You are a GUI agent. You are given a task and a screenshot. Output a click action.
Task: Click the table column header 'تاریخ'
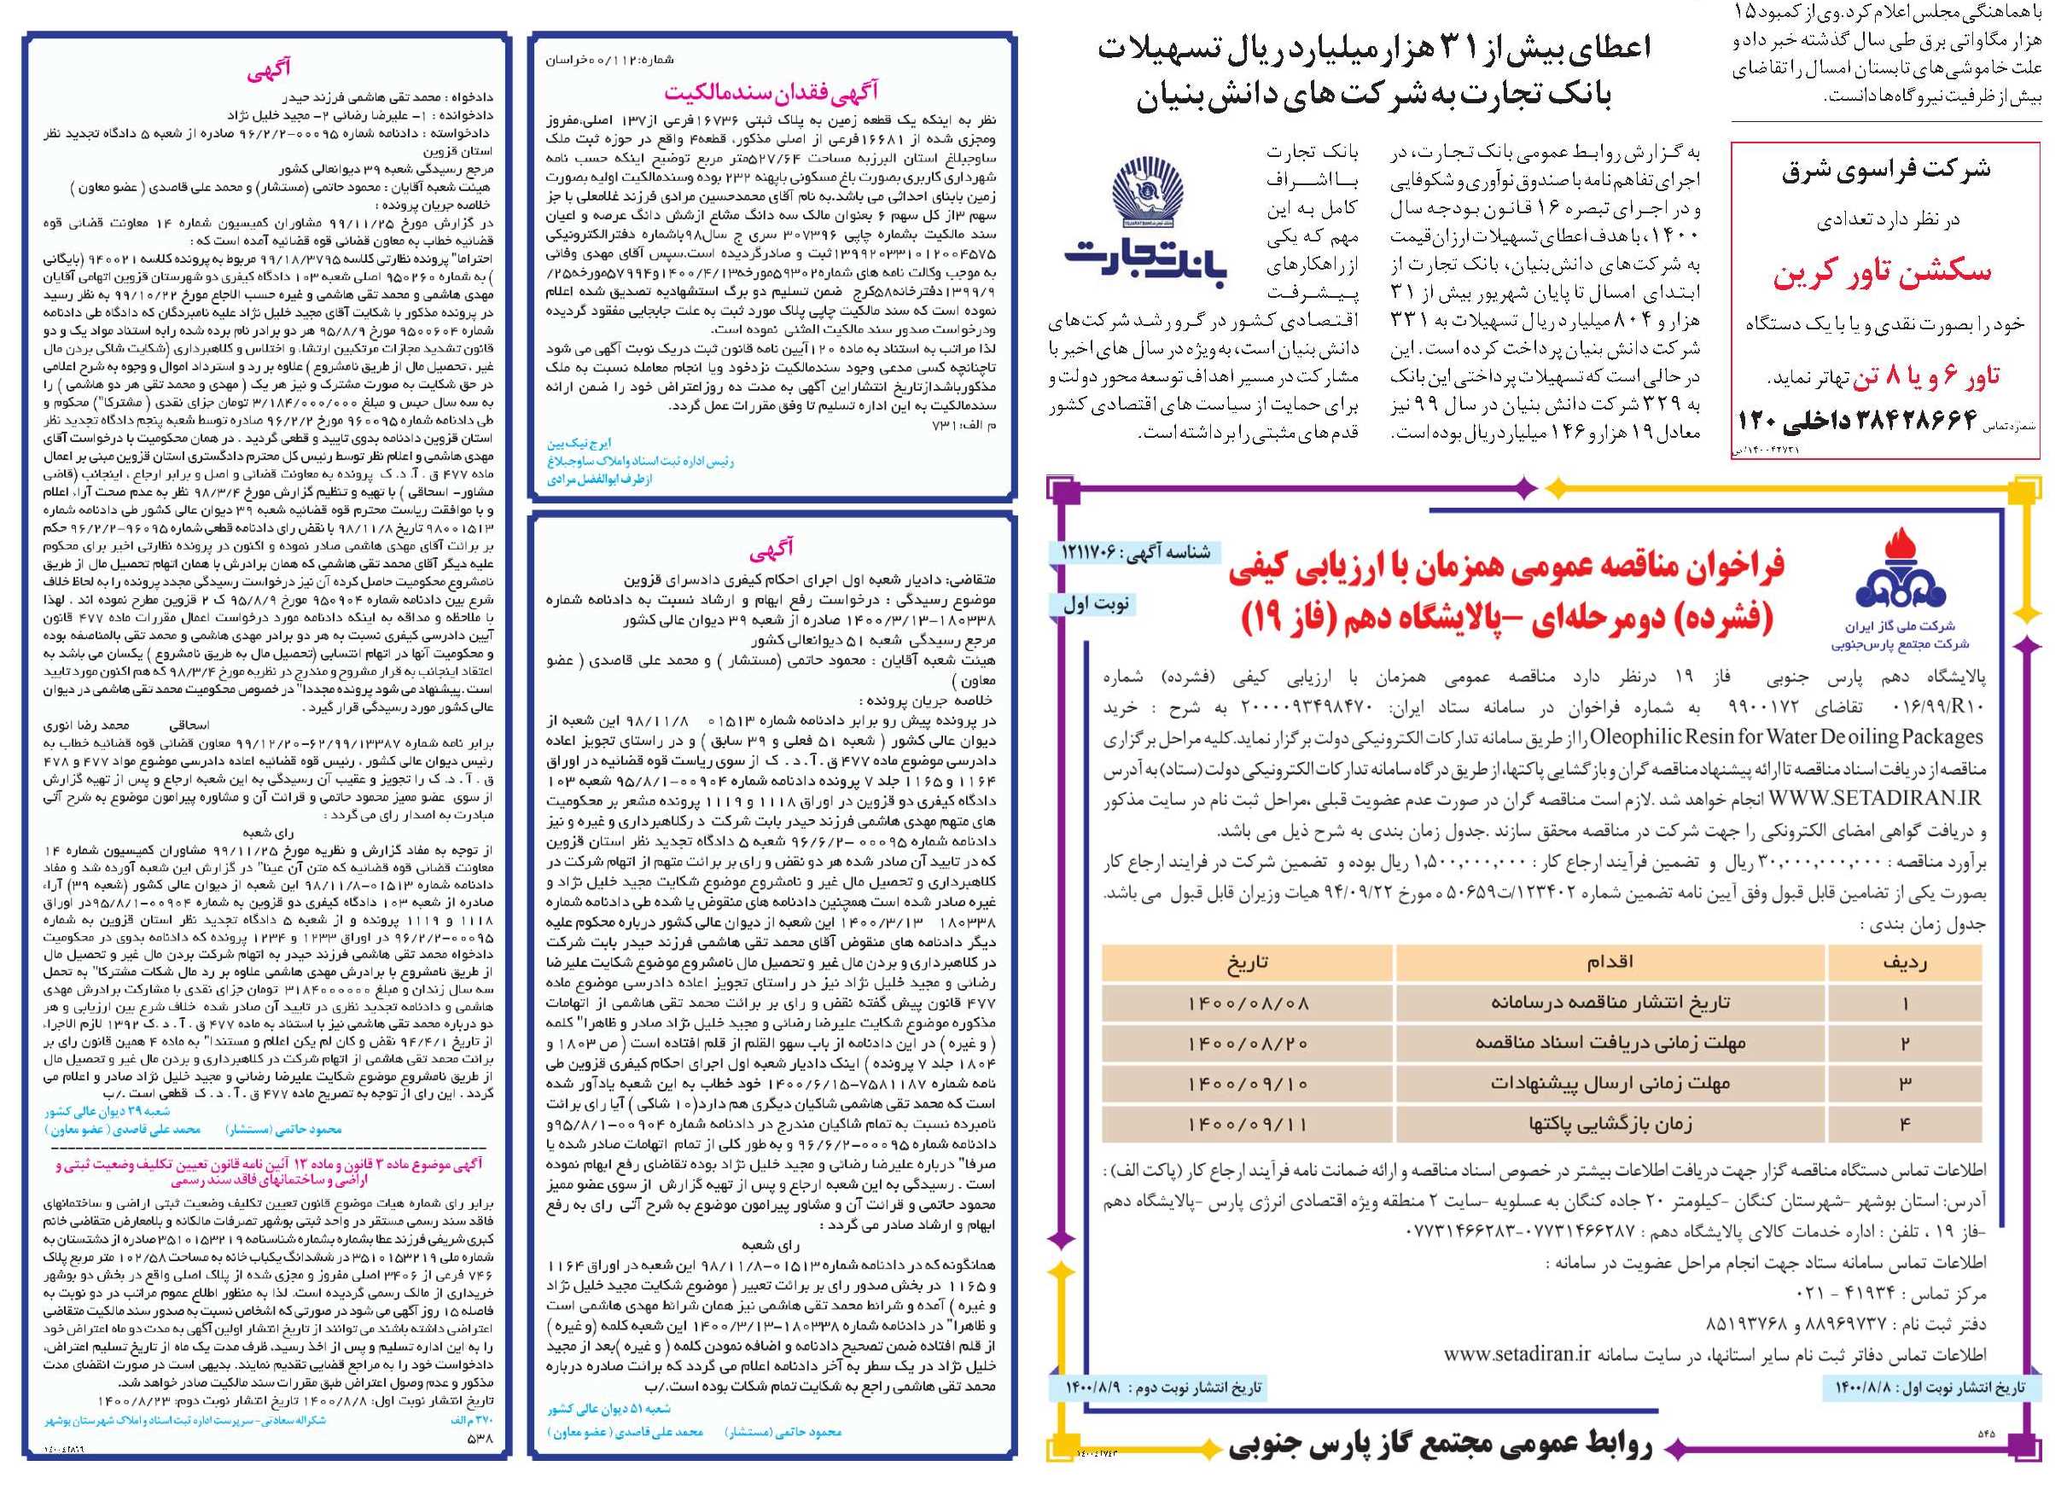[x=1248, y=962]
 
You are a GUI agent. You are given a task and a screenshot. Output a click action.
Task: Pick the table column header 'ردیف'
[x=1904, y=962]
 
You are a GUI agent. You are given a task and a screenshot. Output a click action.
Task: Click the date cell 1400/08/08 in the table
[x=1248, y=1003]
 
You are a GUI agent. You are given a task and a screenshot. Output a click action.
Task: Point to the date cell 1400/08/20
[x=1248, y=1043]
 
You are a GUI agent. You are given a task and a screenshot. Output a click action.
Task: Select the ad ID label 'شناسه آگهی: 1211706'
[x=1136, y=552]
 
